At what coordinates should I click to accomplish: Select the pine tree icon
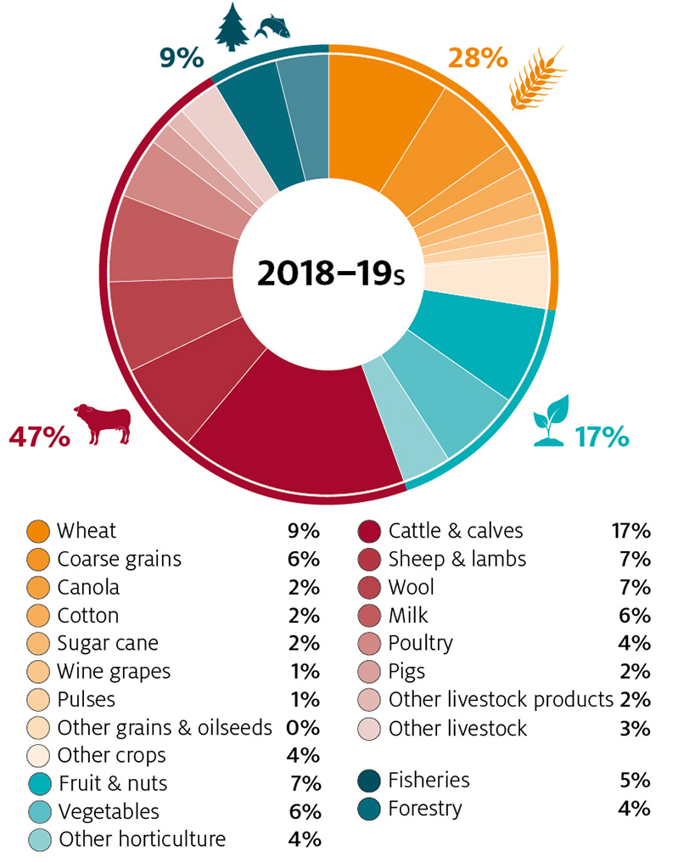click(231, 26)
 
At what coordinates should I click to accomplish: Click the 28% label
click(477, 59)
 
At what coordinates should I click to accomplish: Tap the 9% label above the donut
click(182, 59)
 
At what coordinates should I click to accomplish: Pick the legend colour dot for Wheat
click(38, 532)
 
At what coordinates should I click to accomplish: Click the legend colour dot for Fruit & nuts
click(38, 783)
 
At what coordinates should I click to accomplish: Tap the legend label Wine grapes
click(114, 671)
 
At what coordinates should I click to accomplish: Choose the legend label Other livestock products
click(501, 700)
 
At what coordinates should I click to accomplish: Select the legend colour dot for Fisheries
click(369, 781)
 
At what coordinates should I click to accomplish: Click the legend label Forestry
click(424, 809)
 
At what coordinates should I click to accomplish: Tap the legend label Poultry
click(420, 643)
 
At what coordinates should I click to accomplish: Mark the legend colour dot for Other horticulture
click(38, 839)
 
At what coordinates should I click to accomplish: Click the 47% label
click(39, 437)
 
